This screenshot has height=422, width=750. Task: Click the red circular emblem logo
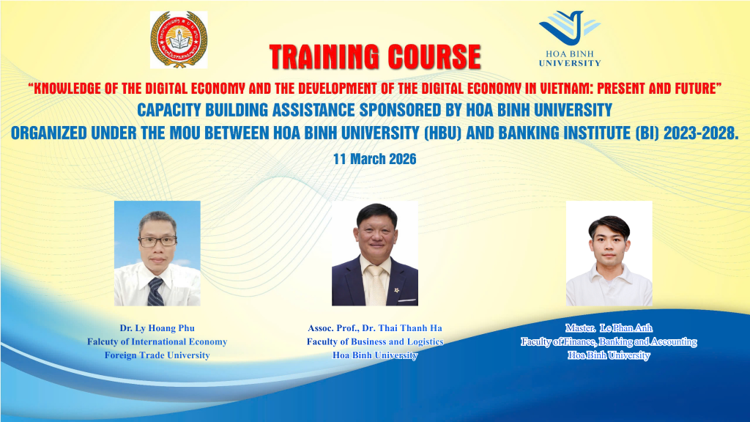(179, 40)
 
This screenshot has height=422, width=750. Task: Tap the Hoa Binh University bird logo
(569, 28)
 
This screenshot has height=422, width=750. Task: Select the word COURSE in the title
(434, 57)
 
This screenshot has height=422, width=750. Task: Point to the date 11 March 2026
(374, 159)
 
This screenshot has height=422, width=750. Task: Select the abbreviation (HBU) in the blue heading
(443, 133)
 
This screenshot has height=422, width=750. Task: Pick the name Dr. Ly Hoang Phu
(157, 327)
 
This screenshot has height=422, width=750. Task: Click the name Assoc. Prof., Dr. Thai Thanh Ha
(375, 327)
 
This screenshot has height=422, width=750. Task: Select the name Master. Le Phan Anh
(609, 327)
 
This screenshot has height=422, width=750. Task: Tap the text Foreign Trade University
(157, 355)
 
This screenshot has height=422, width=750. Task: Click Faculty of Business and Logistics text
(375, 341)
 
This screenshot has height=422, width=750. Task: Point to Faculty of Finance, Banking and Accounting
(609, 341)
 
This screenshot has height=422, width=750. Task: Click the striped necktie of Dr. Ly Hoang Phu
(155, 292)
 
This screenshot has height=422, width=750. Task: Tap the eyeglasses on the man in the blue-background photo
(158, 241)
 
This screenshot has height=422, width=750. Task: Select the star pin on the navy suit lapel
(396, 290)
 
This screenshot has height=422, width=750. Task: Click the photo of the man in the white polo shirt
(609, 253)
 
